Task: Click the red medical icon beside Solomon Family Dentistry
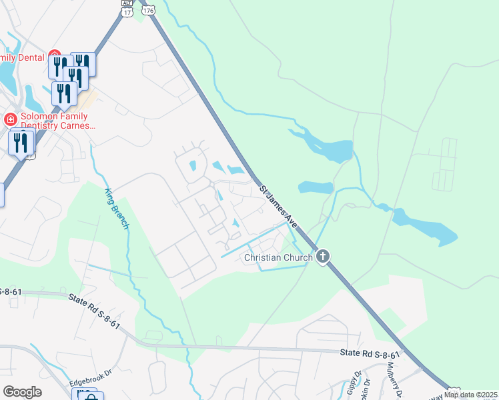pyautogui.click(x=9, y=120)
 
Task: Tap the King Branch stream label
pyautogui.click(x=116, y=209)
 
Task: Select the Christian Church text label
pyautogui.click(x=278, y=257)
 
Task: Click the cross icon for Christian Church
pyautogui.click(x=323, y=257)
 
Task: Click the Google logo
pyautogui.click(x=22, y=392)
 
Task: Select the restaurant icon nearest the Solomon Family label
pyautogui.click(x=63, y=93)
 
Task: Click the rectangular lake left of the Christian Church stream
pyautogui.click(x=315, y=187)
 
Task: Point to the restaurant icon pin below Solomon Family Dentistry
pyautogui.click(x=21, y=143)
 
